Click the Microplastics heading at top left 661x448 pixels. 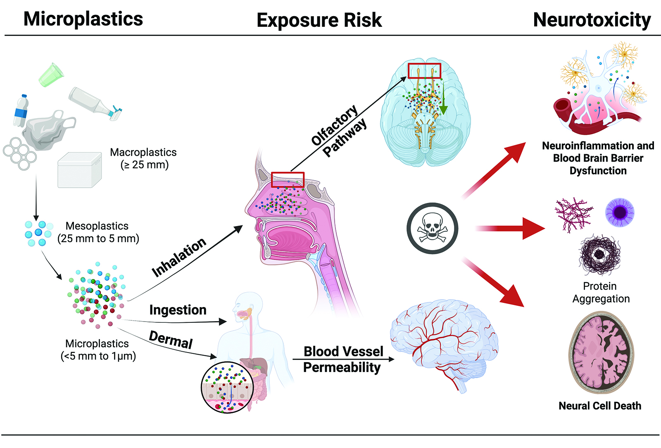point(83,19)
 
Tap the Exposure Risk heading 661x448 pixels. point(319,20)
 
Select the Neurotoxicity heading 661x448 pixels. point(592,20)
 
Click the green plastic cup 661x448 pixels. point(51,75)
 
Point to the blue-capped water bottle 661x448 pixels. point(21,111)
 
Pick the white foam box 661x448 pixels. point(79,170)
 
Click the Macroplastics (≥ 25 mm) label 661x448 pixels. point(143,158)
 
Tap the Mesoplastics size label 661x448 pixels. point(98,232)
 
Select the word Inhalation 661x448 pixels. point(178,257)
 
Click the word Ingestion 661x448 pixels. point(178,310)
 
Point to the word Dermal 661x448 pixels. point(171,340)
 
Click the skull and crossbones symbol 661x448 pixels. point(432,228)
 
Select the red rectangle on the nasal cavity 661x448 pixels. point(288,180)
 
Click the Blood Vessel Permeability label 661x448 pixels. point(342,360)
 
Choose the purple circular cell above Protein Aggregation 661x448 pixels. point(619,212)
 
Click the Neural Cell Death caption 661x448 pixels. point(599,406)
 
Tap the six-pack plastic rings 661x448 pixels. point(19,153)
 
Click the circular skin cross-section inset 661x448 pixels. point(227,388)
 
